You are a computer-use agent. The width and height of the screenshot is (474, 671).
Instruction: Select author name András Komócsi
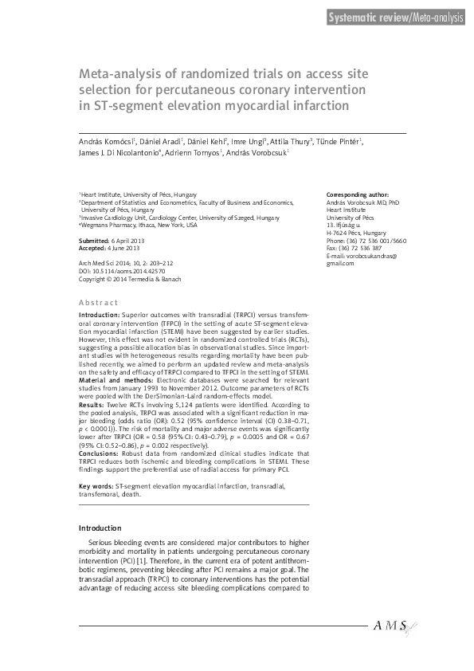point(107,141)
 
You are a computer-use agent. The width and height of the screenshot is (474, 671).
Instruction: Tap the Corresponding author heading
point(358,194)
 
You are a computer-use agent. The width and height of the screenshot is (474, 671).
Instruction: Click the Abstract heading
point(98,303)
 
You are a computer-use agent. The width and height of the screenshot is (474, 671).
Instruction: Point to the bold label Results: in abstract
point(92,383)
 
